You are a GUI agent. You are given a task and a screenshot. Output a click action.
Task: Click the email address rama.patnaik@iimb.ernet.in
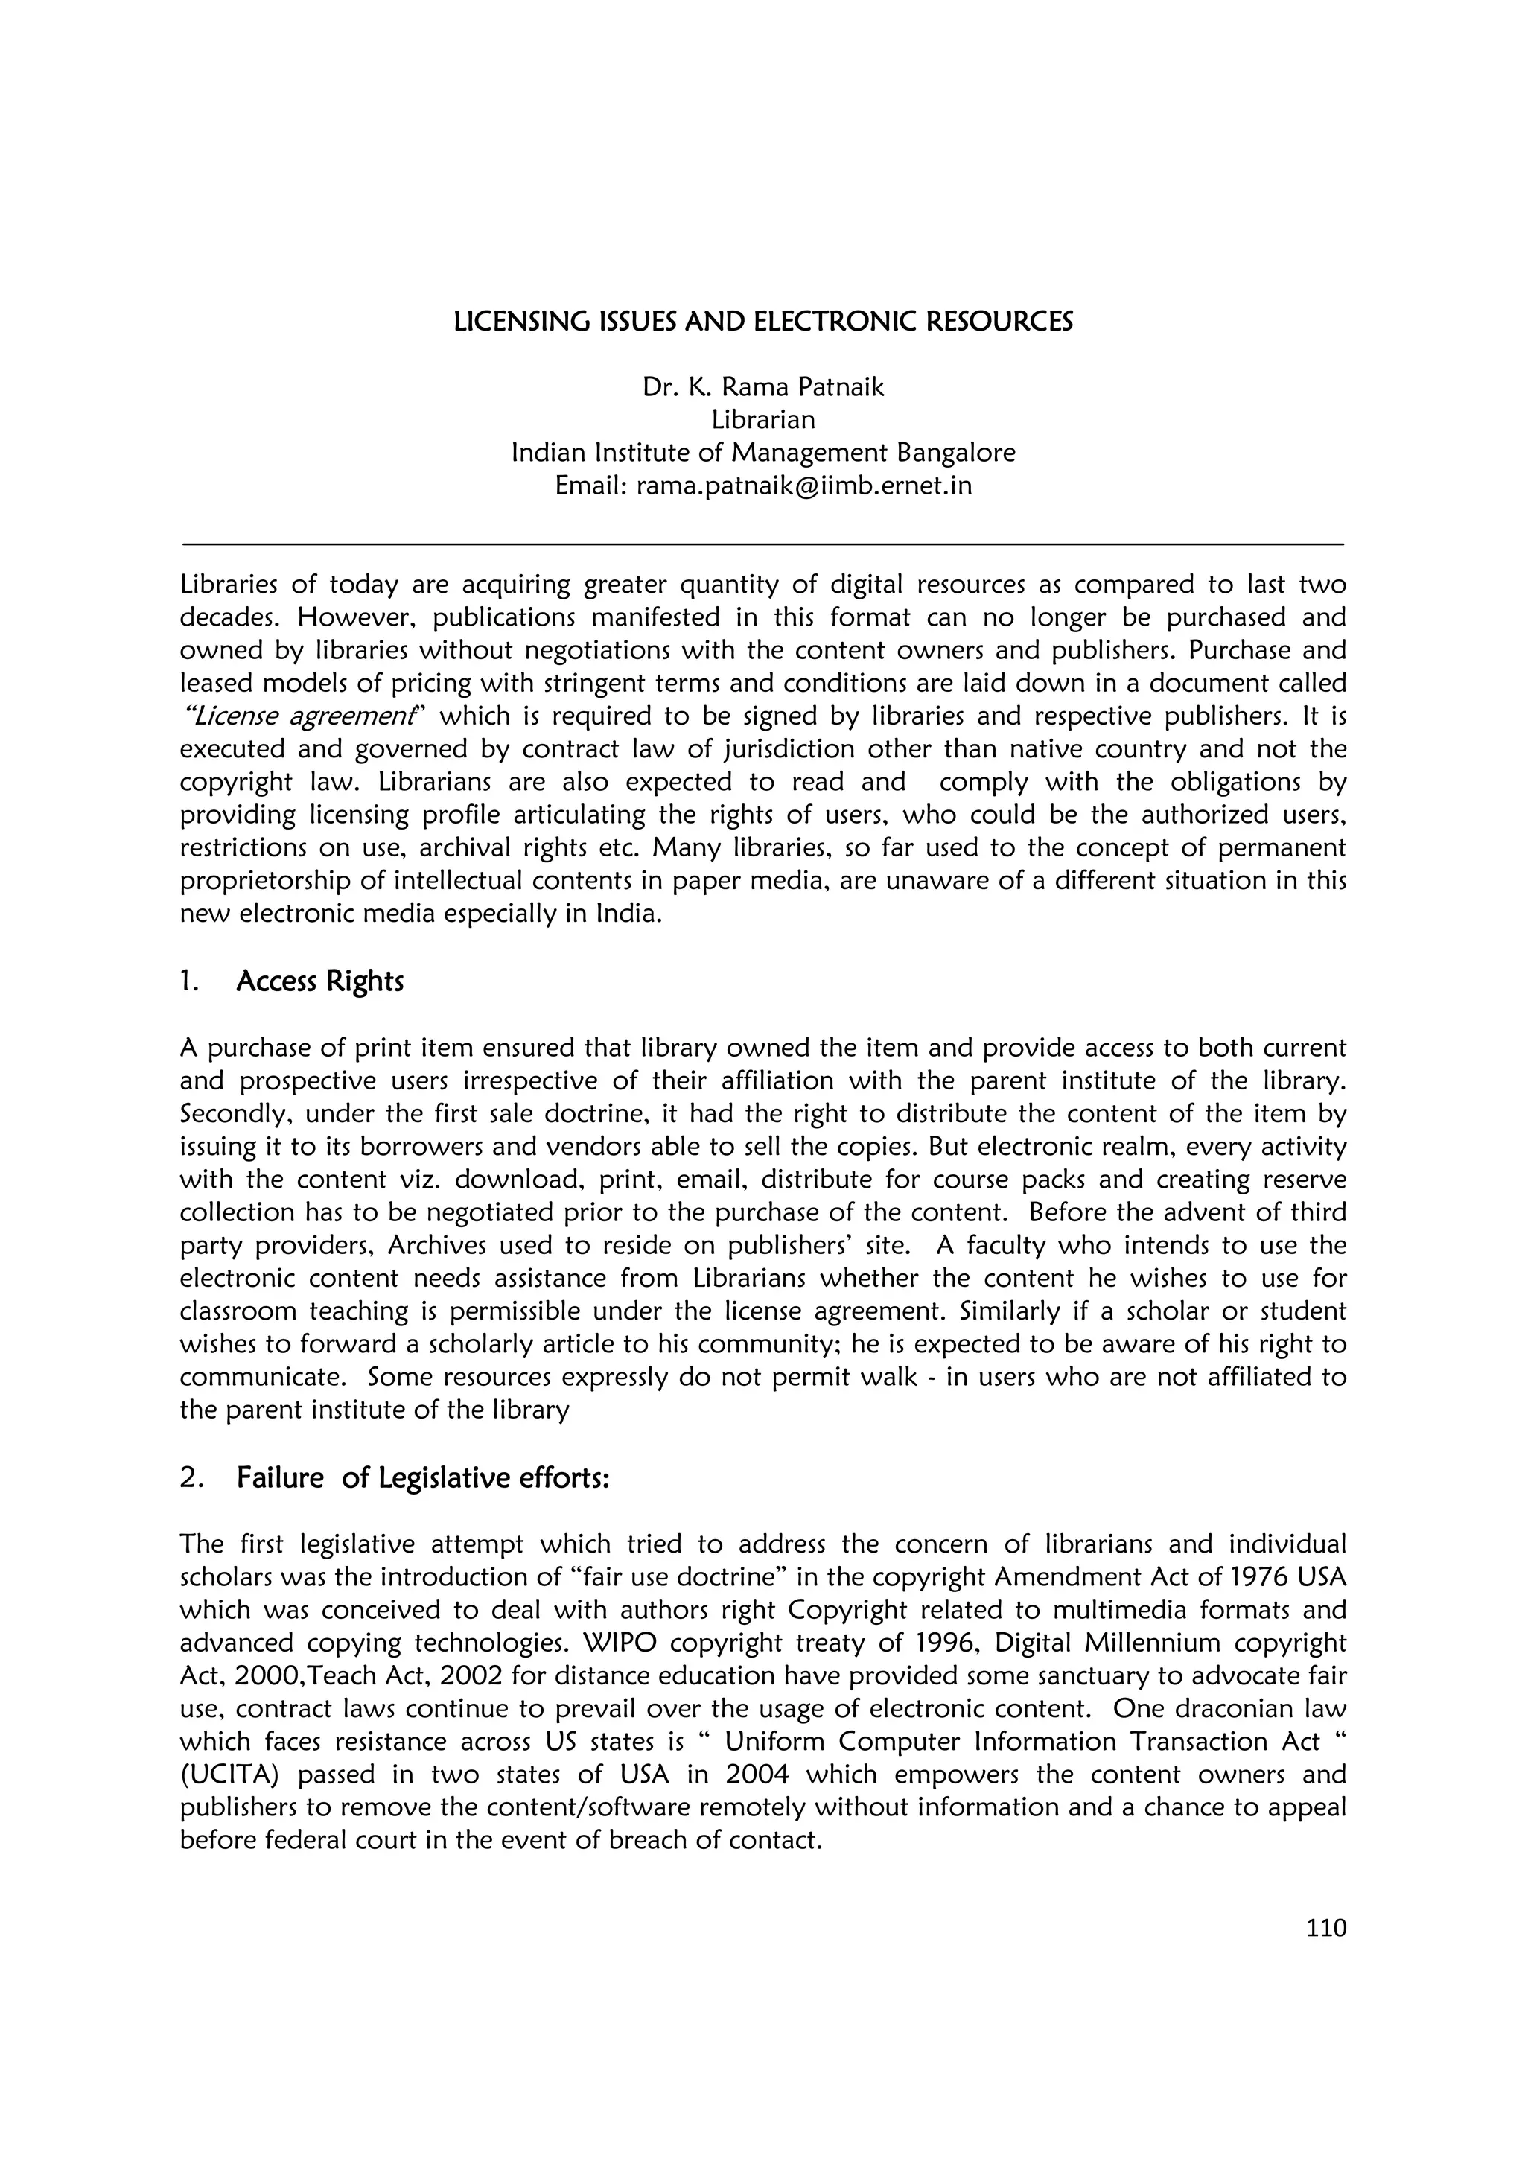pos(803,486)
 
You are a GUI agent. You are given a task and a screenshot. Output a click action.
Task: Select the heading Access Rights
pos(319,981)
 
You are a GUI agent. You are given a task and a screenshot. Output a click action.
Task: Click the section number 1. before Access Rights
pos(188,981)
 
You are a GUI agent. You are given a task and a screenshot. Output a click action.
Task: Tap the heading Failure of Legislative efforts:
pos(423,1478)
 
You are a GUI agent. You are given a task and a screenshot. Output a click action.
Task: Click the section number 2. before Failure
pos(191,1478)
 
